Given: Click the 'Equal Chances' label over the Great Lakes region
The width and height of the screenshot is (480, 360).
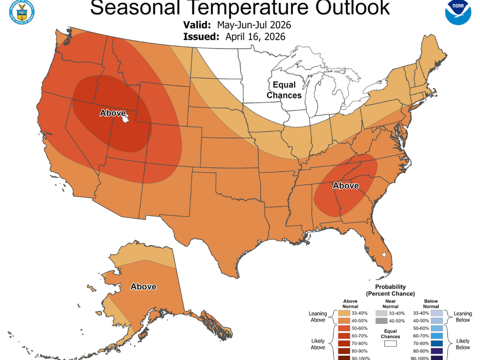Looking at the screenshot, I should tap(284, 90).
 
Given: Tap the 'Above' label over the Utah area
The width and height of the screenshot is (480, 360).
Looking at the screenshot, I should tap(112, 113).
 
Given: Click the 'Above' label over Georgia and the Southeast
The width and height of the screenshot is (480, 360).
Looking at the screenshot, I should tap(345, 186).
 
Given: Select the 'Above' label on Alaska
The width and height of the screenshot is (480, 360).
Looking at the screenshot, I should tap(143, 286).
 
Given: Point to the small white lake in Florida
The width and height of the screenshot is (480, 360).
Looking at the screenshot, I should tap(383, 255).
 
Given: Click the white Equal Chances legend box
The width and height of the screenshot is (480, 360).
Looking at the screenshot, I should tap(390, 344).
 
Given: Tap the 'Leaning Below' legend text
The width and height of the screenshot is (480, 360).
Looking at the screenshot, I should tap(463, 317).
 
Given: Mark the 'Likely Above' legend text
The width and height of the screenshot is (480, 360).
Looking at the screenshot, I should tap(318, 344).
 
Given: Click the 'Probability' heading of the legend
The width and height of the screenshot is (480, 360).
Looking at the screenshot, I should tap(390, 286).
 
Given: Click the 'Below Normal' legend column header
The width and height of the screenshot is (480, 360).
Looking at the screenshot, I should tap(430, 303).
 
